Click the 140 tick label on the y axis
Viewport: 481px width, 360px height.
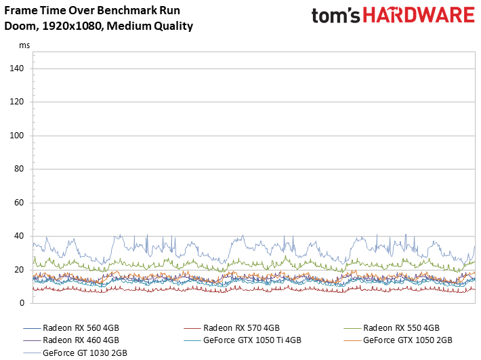(x=17, y=68)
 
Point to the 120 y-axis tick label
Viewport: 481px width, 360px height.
(x=17, y=102)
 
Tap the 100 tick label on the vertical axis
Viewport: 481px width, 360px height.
(x=17, y=136)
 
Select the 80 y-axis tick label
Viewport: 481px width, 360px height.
(x=19, y=169)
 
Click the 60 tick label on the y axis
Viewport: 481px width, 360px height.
(x=19, y=203)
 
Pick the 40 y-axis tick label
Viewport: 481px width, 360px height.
(x=19, y=236)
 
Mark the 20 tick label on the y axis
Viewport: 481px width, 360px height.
(x=19, y=270)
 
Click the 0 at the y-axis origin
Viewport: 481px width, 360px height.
(x=21, y=303)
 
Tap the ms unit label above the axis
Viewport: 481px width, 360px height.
(x=24, y=45)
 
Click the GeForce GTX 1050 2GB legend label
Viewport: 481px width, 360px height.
(x=407, y=340)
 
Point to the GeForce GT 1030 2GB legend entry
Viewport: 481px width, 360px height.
(x=85, y=353)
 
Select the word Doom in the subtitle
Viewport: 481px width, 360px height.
(x=18, y=26)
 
